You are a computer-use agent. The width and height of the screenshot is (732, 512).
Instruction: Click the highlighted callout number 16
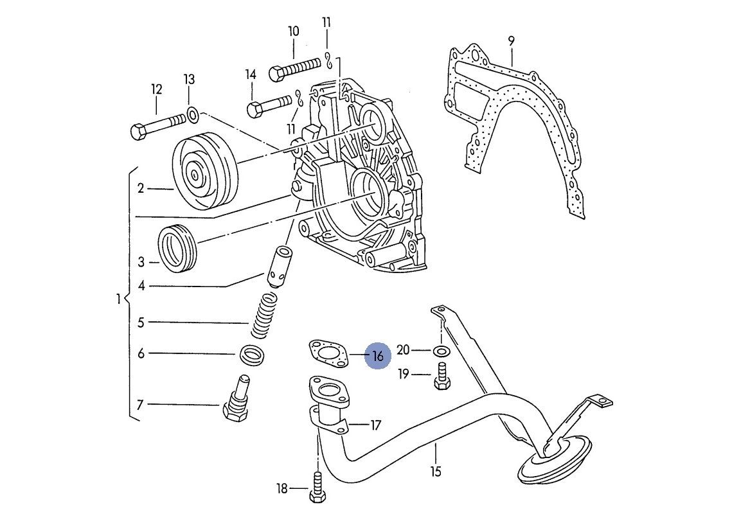coord(377,355)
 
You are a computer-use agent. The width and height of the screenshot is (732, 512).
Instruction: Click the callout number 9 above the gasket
coord(511,40)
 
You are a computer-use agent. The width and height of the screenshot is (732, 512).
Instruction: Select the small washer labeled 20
coord(440,351)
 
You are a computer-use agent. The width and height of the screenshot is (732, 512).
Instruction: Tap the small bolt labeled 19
coord(441,375)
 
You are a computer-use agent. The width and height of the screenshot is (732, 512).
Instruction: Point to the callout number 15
coord(436,472)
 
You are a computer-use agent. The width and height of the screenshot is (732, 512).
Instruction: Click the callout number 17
coord(376,425)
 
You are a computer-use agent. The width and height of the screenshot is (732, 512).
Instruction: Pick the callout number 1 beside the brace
coord(118,299)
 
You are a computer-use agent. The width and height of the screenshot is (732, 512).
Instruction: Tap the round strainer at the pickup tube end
coord(554,461)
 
